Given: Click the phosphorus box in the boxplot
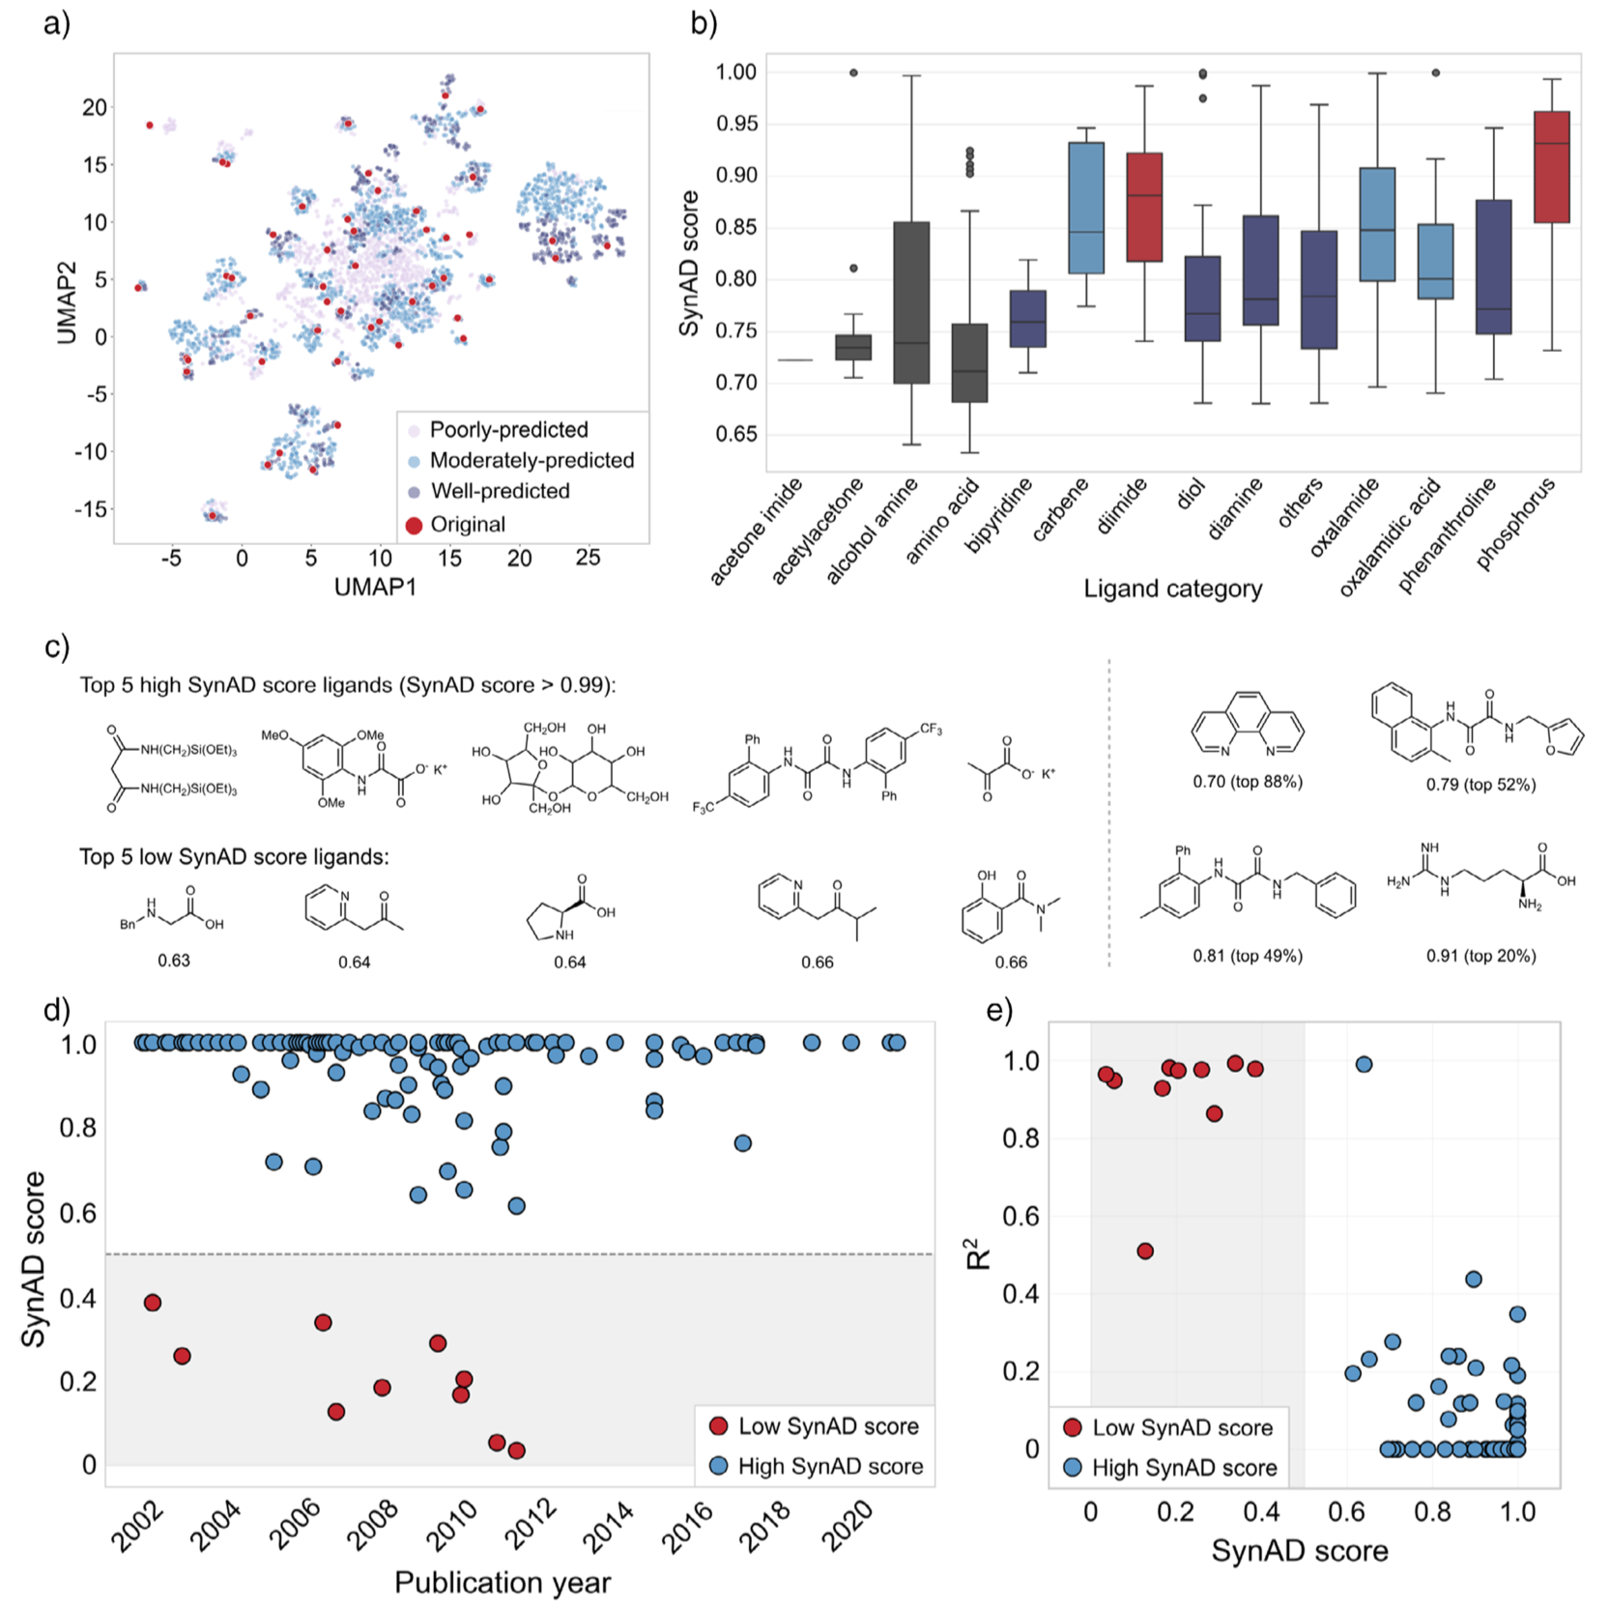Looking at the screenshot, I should click(1551, 167).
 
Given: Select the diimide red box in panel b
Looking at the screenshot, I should click(1144, 207).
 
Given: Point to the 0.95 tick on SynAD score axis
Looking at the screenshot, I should click(735, 124).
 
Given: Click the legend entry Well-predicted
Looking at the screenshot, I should click(500, 491).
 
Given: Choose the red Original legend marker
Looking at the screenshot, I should click(414, 525).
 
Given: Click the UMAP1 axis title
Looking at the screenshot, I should click(375, 587).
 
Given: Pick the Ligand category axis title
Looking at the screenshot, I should click(1172, 589).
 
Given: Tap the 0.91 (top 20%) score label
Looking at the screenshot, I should click(1481, 956).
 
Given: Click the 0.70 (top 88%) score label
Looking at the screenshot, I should click(1247, 782).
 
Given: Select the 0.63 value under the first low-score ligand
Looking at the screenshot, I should click(174, 961).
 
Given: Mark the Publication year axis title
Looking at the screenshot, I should click(503, 1582).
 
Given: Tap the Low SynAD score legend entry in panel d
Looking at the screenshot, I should click(827, 1426).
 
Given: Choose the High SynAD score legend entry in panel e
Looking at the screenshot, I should click(1184, 1468).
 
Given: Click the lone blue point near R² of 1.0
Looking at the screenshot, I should click(1364, 1064).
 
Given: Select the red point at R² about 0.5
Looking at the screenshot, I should click(1145, 1251).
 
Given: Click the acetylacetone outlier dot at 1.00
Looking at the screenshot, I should click(853, 72).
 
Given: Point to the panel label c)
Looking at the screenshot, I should click(57, 647).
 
